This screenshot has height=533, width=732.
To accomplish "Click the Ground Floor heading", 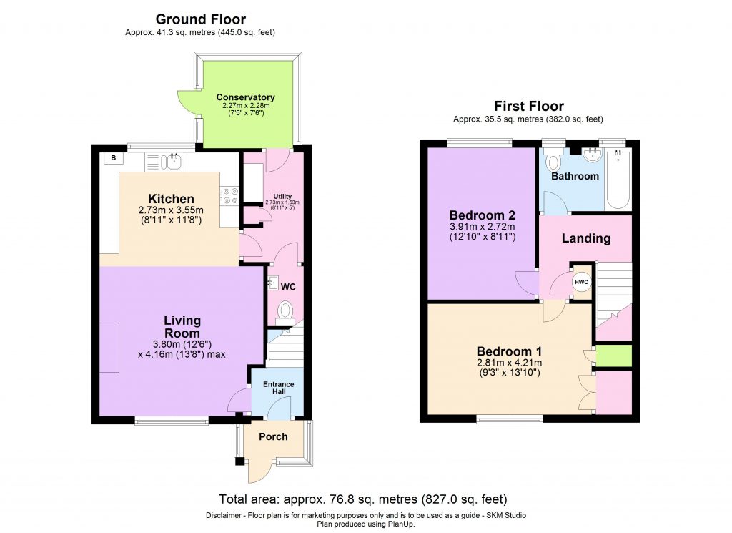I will coord(200,19).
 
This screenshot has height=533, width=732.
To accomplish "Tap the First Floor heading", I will coord(529,107).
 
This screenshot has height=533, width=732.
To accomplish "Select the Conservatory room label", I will coord(245,97).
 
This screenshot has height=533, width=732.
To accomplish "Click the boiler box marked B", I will coord(112,158).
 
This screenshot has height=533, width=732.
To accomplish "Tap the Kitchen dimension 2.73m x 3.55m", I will coord(170,210).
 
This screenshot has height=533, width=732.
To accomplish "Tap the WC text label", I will coord(288,286).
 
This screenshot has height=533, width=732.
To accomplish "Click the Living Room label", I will coord(182,327).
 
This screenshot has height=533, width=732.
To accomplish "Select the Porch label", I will coord(273,436).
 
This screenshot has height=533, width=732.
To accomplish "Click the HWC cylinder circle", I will coord(581,282).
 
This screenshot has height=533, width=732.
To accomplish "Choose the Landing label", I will coord(585,238).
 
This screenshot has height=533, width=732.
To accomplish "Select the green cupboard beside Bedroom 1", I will coord(614,356).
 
